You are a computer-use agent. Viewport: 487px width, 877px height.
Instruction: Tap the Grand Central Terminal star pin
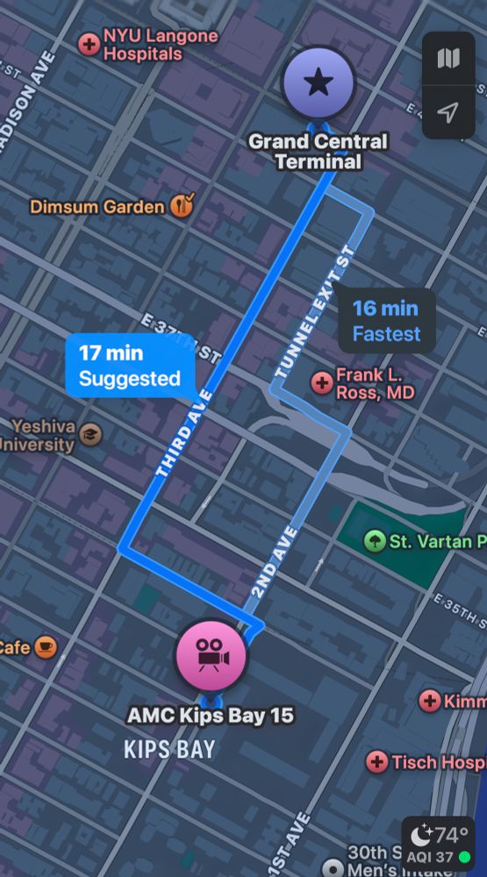[318, 83]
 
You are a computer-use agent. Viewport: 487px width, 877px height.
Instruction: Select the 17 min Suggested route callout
[129, 366]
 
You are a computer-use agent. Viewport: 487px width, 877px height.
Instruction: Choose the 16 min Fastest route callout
[386, 320]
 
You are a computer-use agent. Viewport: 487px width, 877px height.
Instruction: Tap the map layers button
[448, 59]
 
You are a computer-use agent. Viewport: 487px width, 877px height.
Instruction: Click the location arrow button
[448, 112]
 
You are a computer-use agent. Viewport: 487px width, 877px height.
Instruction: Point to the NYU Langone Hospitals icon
[90, 44]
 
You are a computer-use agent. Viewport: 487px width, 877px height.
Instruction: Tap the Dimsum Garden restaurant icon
[183, 206]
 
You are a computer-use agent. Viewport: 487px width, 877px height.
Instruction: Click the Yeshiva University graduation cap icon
[90, 434]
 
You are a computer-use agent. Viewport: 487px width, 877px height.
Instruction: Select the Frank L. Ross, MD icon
[322, 381]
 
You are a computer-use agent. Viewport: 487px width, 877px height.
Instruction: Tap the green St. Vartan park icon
[375, 540]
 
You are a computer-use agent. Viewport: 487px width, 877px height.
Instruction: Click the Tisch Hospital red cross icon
[377, 761]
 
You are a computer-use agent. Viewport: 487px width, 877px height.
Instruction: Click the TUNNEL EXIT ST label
[314, 311]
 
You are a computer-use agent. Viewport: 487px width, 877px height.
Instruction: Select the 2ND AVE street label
[274, 562]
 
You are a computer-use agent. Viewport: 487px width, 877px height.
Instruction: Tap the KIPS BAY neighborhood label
[169, 750]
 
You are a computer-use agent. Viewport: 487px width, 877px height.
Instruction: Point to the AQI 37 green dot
[465, 857]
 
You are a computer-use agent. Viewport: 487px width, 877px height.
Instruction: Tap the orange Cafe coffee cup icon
[46, 648]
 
